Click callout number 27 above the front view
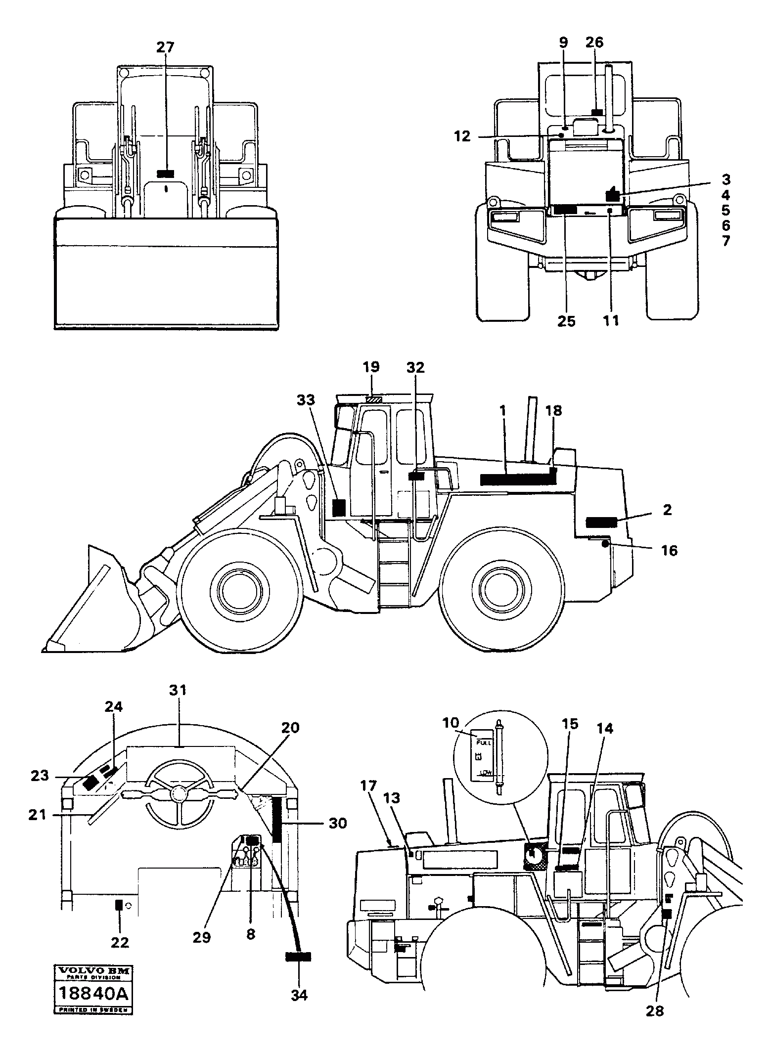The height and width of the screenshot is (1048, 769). [166, 47]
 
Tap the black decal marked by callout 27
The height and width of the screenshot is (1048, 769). [166, 174]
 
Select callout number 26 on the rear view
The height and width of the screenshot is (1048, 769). [594, 43]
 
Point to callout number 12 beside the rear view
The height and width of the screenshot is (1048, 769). [462, 136]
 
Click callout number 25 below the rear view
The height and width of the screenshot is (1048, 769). [566, 321]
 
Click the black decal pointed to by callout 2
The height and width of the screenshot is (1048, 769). [601, 522]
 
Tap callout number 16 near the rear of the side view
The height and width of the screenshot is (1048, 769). [669, 550]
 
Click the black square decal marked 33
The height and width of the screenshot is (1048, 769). [339, 508]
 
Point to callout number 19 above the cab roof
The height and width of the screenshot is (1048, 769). [371, 367]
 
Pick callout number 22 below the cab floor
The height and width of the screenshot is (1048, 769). [120, 942]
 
